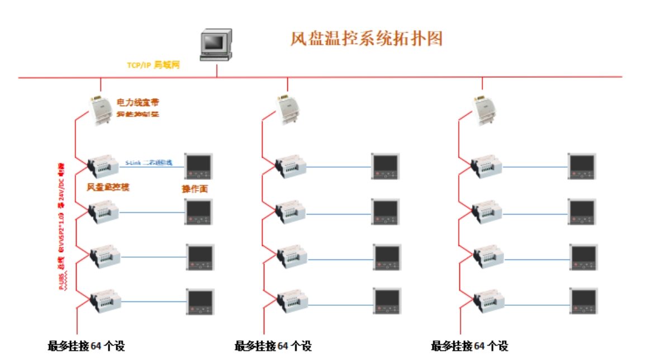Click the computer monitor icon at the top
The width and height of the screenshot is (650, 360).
pyautogui.click(x=216, y=45)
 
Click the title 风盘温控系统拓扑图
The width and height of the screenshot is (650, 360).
pyautogui.click(x=366, y=38)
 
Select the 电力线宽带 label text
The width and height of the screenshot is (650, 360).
pyautogui.click(x=137, y=103)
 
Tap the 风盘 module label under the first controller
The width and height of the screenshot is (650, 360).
pyautogui.click(x=108, y=187)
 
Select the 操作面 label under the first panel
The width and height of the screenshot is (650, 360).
pyautogui.click(x=195, y=189)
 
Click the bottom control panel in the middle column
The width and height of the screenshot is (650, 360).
pyautogui.click(x=387, y=301)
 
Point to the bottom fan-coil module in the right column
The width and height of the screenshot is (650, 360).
pyautogui.click(x=489, y=301)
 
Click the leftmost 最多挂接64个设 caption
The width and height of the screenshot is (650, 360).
pyautogui.click(x=86, y=346)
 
